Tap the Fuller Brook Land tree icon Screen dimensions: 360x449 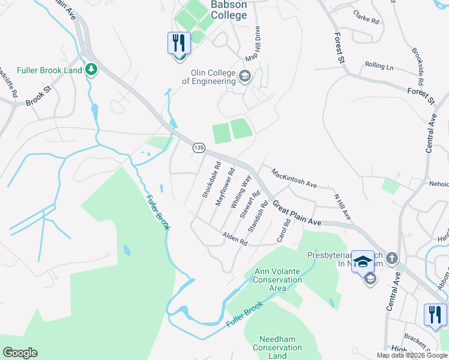pyautogui.click(x=91, y=70)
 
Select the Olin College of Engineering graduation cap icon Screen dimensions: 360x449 pyautogui.click(x=244, y=77)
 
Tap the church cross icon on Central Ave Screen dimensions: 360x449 pyautogui.click(x=391, y=258)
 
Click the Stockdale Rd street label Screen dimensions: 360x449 pyautogui.click(x=211, y=180)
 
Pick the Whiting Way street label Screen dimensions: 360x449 pyautogui.click(x=241, y=191)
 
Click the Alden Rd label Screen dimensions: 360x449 pyautogui.click(x=235, y=239)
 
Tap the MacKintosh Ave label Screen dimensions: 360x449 pyautogui.click(x=294, y=178)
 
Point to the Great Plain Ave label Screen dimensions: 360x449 pyautogui.click(x=297, y=214)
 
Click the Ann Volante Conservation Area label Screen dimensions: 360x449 pyautogui.click(x=277, y=280)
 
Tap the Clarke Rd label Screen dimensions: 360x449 pyautogui.click(x=366, y=16)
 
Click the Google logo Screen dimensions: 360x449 pyautogui.click(x=20, y=353)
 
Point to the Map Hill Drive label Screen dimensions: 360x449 pyautogui.click(x=253, y=44)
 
